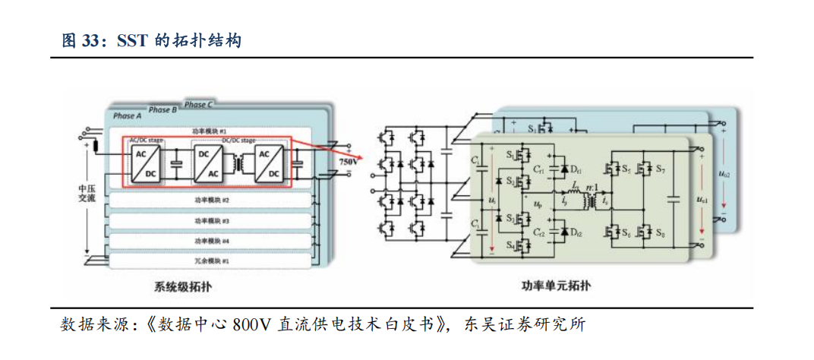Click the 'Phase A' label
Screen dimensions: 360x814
click(128, 116)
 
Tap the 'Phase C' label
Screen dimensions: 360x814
click(199, 105)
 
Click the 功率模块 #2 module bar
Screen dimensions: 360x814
click(212, 201)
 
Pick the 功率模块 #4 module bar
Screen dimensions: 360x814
click(212, 241)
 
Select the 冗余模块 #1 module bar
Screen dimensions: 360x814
click(212, 260)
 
